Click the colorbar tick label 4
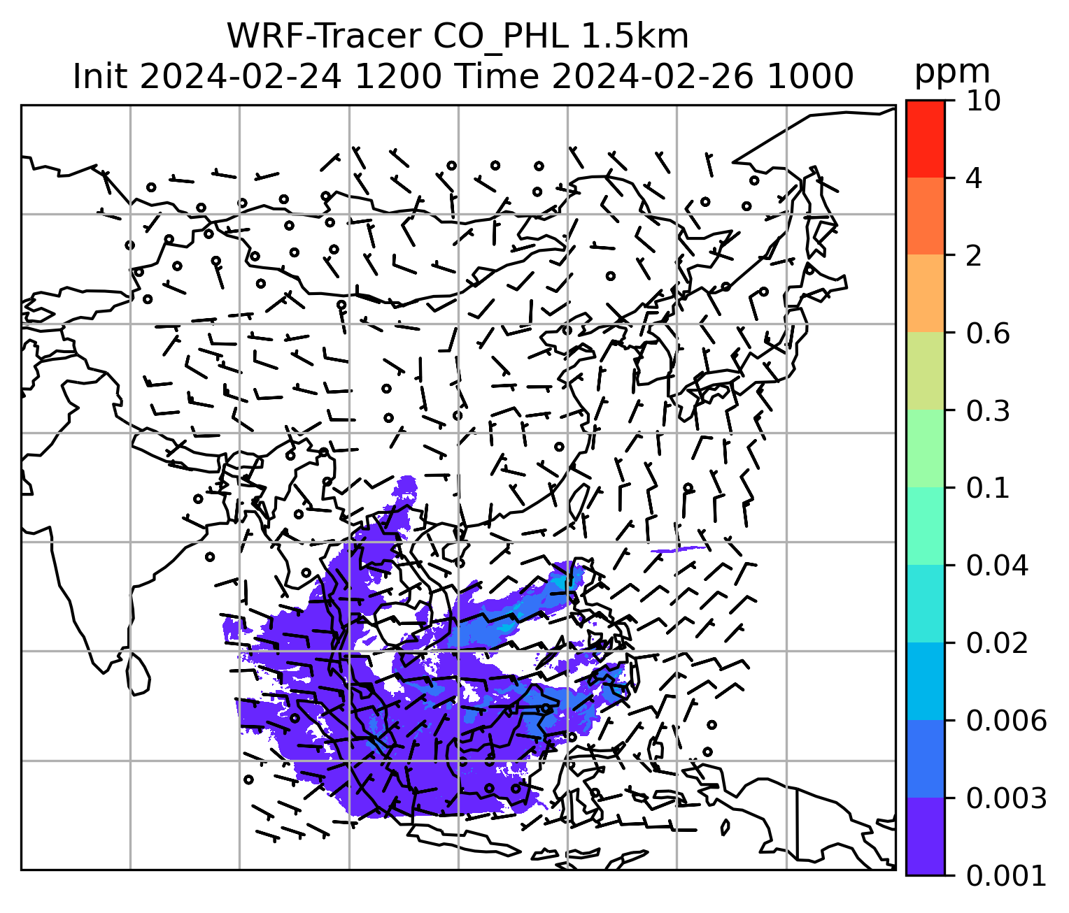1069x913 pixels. tap(973, 178)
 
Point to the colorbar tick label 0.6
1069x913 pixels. tap(988, 333)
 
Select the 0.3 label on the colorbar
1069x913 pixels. tap(988, 411)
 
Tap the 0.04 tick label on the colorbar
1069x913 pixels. tap(997, 566)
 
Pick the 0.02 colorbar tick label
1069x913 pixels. tap(997, 643)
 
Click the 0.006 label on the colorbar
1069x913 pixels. tap(1006, 720)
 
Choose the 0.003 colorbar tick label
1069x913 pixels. tap(1006, 798)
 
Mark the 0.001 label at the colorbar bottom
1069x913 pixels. tap(1006, 875)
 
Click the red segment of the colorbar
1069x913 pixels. tap(925, 138)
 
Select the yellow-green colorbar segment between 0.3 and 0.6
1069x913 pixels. tap(925, 371)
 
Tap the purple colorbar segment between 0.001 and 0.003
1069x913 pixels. tap(925, 836)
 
